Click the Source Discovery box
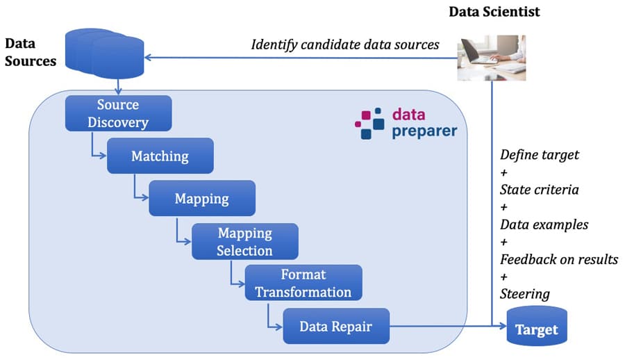tap(118, 113)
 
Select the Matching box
tap(160, 156)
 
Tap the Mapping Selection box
tap(244, 241)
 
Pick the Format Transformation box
tap(303, 282)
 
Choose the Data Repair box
tap(335, 325)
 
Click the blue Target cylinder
tap(535, 328)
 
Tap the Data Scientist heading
tap(494, 12)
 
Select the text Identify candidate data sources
tap(345, 45)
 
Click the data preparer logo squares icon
tap(369, 123)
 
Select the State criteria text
tap(540, 190)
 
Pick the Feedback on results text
tap(559, 259)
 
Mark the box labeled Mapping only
tap(202, 198)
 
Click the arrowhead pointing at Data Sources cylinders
tap(148, 58)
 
